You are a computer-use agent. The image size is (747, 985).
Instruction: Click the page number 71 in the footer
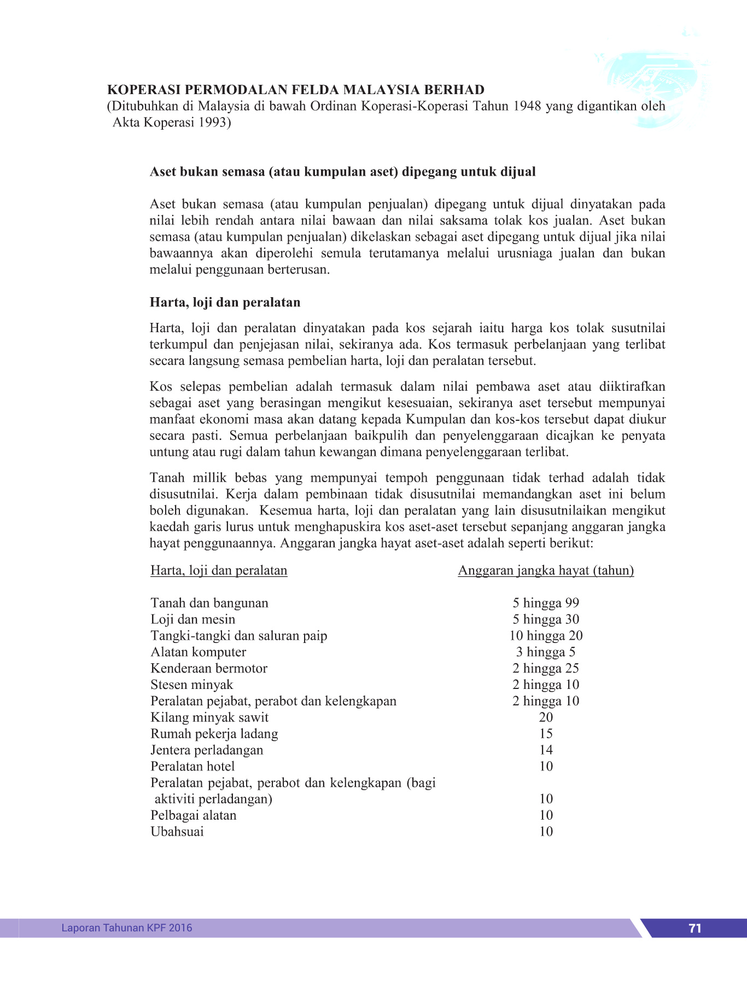coord(695,928)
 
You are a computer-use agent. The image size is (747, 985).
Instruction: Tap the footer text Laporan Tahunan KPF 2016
coord(127,928)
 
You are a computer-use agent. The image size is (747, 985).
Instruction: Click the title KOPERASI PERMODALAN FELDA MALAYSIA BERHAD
coord(296,90)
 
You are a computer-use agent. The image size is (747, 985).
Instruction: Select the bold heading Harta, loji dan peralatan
coord(225,303)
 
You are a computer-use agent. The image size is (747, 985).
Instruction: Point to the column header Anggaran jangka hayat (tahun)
coord(546,571)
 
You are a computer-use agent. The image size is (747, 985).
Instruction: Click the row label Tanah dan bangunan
coord(209,603)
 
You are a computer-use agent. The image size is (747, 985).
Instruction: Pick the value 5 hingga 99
coord(546,603)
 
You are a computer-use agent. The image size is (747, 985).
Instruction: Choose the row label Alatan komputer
coord(199,652)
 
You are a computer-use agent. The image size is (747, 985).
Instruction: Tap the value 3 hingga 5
coord(546,652)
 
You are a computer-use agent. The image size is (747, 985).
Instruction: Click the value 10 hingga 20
coord(546,636)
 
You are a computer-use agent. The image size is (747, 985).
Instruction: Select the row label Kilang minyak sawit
coord(209,717)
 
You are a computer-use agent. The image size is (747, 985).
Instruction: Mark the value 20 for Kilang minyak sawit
coord(546,717)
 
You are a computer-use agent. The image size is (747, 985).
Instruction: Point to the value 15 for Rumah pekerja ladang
coord(546,734)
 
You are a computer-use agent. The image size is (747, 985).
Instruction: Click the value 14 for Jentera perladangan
coord(546,750)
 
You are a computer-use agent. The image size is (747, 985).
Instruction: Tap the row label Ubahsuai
coord(177,832)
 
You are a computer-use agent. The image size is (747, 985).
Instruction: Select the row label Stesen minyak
coord(192,685)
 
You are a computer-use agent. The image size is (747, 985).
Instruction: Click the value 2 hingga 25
coord(546,669)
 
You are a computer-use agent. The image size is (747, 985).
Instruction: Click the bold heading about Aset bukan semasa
coord(343,172)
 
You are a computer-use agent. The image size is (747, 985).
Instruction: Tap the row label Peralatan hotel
coord(192,767)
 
